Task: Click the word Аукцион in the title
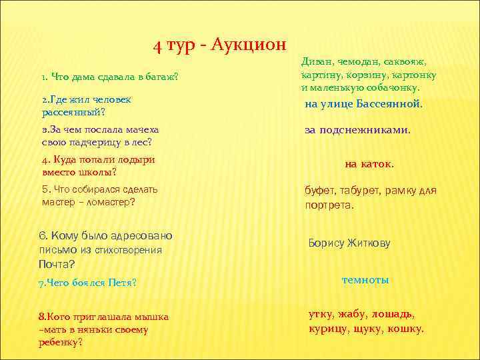pos(248,45)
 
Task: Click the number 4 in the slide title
pos(157,45)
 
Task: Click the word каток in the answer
pos(379,163)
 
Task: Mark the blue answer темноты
pos(365,280)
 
